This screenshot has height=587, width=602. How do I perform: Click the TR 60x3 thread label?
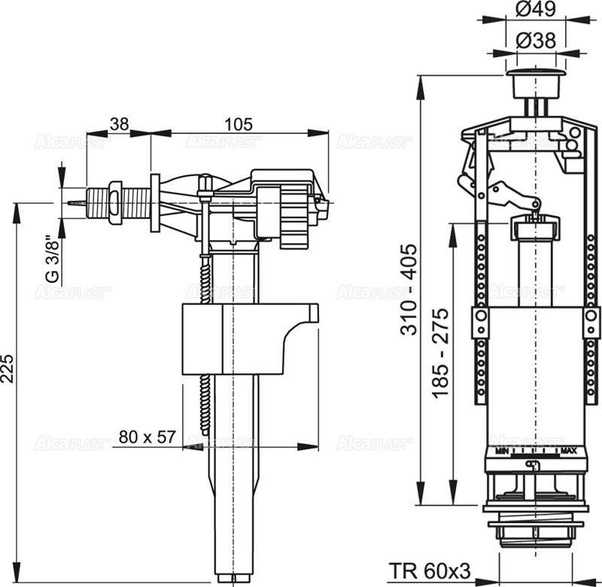pyautogui.click(x=430, y=571)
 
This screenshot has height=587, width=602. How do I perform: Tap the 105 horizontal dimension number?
pyautogui.click(x=239, y=123)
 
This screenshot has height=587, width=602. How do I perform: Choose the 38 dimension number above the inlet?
pyautogui.click(x=119, y=123)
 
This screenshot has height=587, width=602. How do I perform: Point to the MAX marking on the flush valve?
pyautogui.click(x=568, y=452)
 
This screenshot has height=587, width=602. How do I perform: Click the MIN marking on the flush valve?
pyautogui.click(x=502, y=452)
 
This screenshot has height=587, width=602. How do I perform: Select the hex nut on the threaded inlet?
pyautogui.click(x=115, y=202)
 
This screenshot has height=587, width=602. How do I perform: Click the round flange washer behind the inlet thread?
pyautogui.click(x=155, y=202)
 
